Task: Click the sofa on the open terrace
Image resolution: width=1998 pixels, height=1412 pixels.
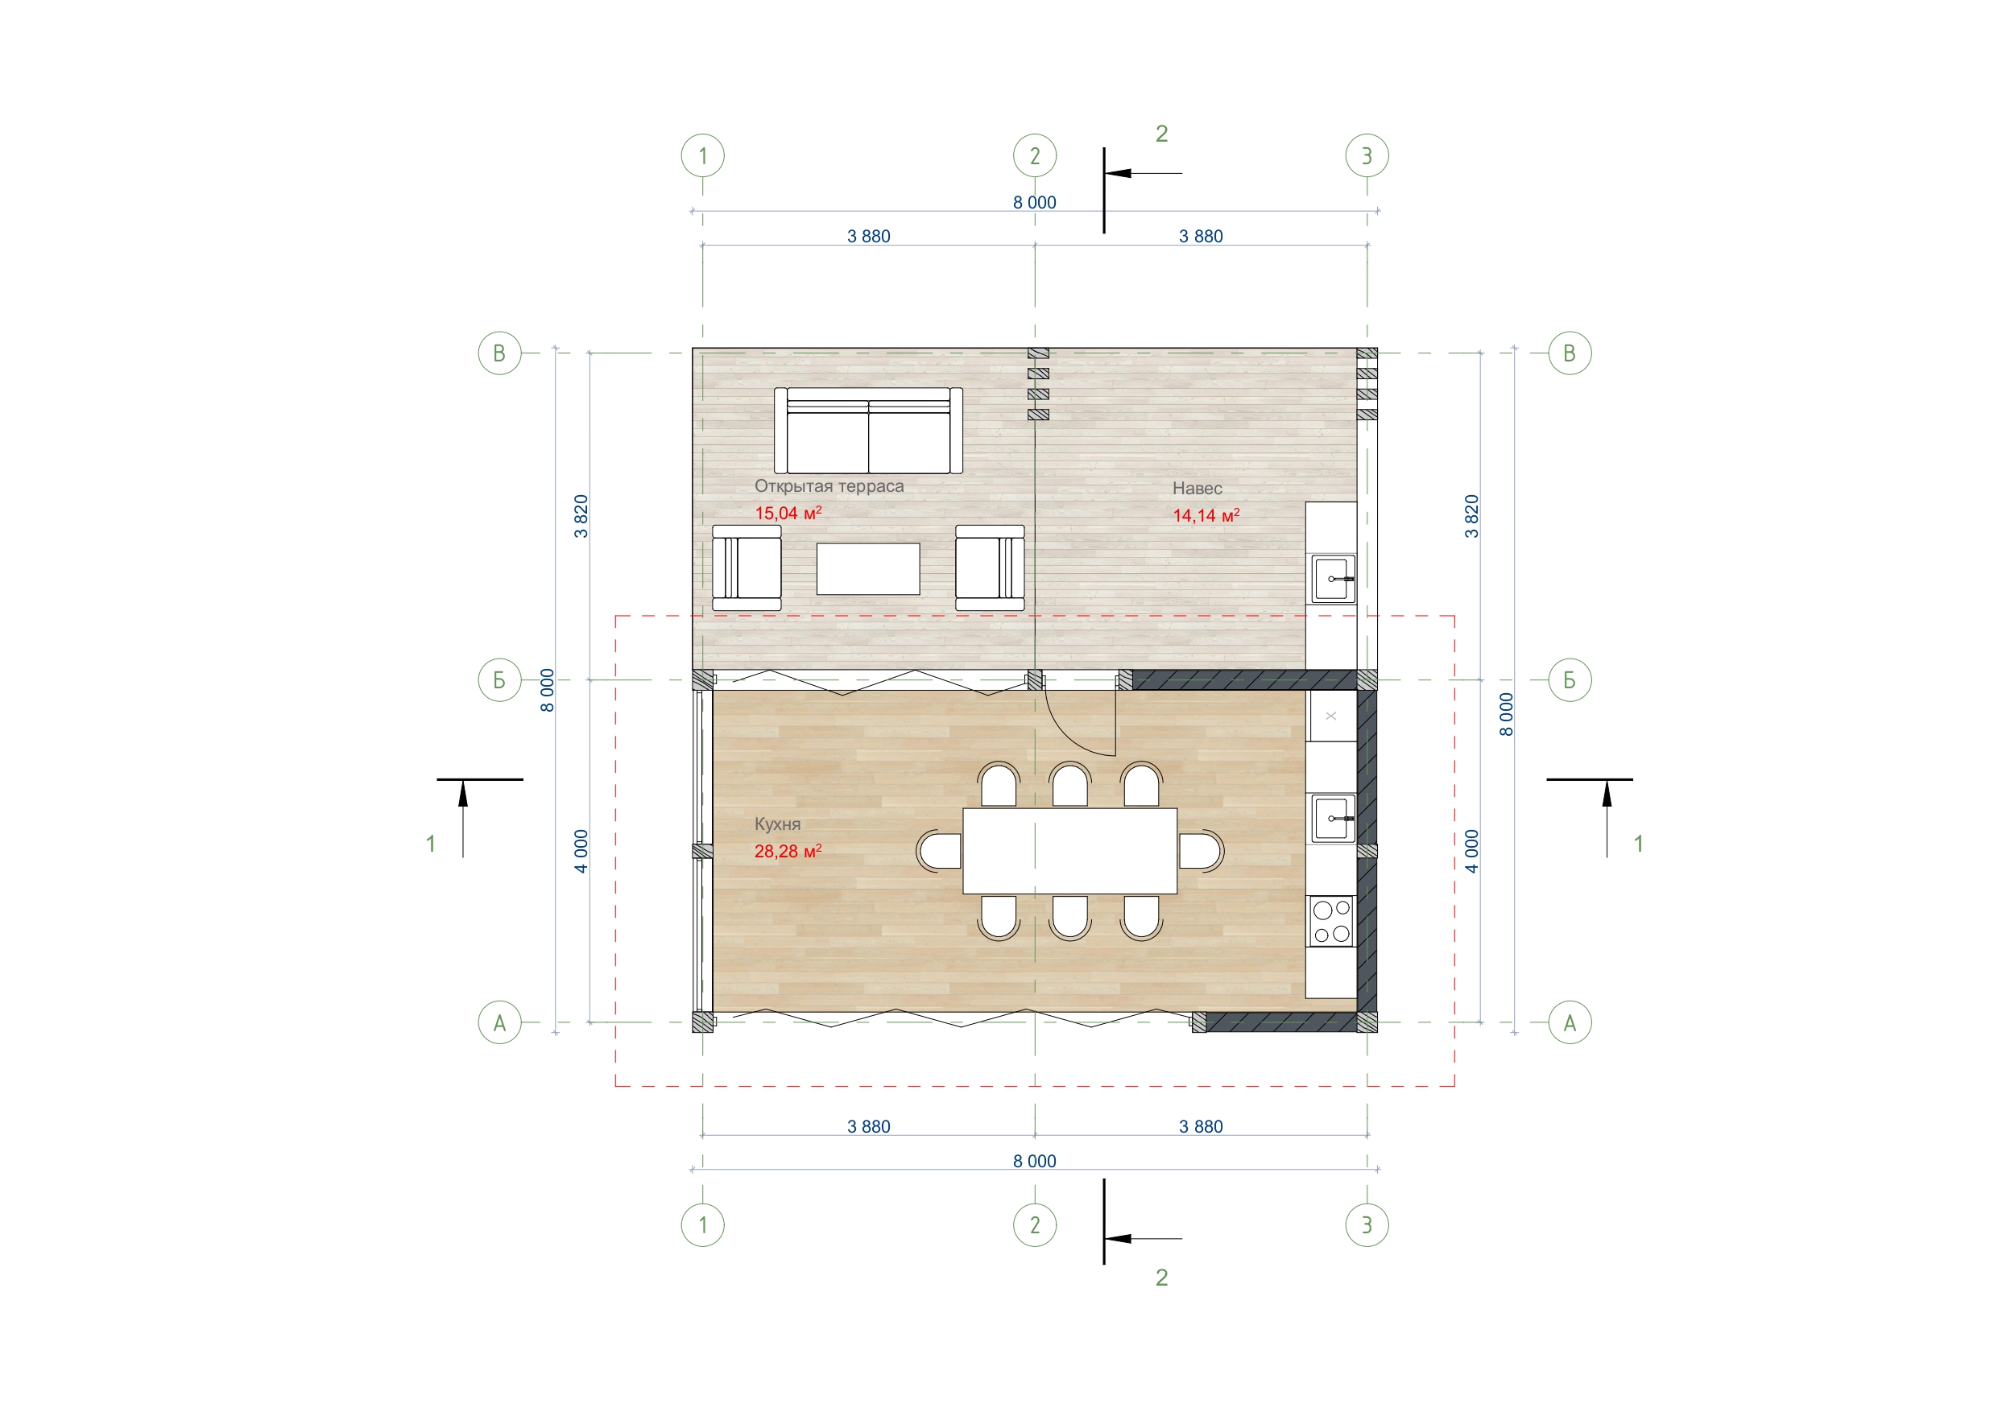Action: [x=867, y=430]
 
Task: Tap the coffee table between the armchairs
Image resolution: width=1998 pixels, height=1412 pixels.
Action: [x=867, y=569]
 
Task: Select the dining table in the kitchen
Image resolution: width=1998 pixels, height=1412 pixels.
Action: [x=1069, y=851]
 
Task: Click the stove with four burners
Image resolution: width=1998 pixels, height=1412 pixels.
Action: [x=1331, y=921]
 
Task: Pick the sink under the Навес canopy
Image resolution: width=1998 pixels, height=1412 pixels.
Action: [x=1332, y=579]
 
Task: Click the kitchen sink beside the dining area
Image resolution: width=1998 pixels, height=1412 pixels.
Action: [x=1332, y=819]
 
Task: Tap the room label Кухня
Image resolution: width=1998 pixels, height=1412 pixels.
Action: [x=777, y=824]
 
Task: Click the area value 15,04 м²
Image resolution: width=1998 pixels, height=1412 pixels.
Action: [x=788, y=514]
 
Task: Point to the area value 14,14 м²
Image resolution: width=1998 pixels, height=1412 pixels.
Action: [x=1206, y=515]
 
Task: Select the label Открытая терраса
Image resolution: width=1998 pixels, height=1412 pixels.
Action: [x=829, y=486]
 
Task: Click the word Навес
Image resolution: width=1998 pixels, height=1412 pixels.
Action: [x=1197, y=488]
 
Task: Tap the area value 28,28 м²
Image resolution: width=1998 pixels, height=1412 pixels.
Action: [x=788, y=851]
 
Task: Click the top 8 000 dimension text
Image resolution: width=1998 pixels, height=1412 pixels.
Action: [x=1034, y=203]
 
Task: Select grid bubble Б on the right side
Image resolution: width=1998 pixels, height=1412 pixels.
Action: [x=1570, y=679]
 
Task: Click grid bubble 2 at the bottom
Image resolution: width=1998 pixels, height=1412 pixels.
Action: [x=1035, y=1225]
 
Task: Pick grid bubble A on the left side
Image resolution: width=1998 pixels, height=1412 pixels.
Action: [x=499, y=1022]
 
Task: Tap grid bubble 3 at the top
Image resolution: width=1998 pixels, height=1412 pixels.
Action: [x=1367, y=155]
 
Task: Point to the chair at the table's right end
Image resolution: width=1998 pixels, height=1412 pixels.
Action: [x=1201, y=851]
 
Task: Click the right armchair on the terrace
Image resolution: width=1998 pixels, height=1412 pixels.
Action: [x=990, y=568]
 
